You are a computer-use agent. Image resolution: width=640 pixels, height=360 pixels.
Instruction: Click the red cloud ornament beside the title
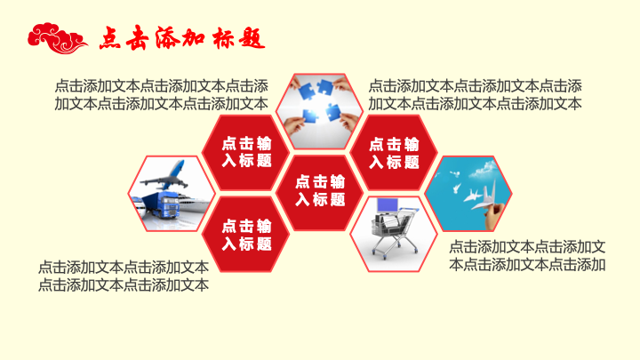coord(57,38)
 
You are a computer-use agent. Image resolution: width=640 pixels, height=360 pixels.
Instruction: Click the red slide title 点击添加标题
coord(182,38)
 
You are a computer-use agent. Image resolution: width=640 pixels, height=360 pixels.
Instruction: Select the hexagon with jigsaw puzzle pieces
coord(320,111)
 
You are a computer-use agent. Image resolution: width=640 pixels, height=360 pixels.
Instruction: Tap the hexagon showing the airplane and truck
coord(172,194)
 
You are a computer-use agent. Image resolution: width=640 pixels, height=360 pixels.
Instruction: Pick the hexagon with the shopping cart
coord(394,234)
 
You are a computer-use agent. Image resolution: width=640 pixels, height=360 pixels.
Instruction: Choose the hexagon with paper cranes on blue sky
coord(468,194)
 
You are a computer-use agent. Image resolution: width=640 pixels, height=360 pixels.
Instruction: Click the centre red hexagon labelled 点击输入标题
coord(320,193)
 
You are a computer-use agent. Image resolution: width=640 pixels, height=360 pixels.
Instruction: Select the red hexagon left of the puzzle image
coord(245,153)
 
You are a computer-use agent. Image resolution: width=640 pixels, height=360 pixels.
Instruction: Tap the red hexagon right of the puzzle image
coord(394,153)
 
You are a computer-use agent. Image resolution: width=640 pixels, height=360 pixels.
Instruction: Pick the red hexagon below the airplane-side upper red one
coord(245,235)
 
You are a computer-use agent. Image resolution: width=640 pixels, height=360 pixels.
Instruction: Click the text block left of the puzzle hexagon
coord(162,95)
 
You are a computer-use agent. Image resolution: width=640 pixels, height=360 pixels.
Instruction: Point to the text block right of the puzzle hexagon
coord(475,95)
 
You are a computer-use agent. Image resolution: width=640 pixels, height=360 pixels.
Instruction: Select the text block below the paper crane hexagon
coord(527,256)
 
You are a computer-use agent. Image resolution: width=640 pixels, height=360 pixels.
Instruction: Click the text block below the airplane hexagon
coord(124,276)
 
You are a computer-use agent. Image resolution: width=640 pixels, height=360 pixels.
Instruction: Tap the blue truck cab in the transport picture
coord(168,205)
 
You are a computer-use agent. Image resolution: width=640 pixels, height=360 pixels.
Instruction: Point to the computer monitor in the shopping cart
coord(388,205)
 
